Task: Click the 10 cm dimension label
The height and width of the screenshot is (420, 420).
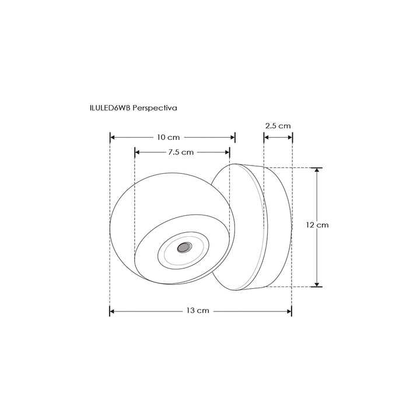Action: pyautogui.click(x=168, y=138)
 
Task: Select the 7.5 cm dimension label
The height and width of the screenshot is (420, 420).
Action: pyautogui.click(x=181, y=152)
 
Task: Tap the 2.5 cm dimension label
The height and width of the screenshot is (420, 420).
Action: pyautogui.click(x=278, y=125)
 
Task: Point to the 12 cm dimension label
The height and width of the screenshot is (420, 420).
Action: pyautogui.click(x=317, y=225)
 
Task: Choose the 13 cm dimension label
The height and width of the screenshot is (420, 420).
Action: pyautogui.click(x=198, y=311)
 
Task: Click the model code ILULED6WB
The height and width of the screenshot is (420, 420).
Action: pyautogui.click(x=110, y=108)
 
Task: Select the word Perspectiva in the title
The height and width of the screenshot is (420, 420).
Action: pyautogui.click(x=155, y=108)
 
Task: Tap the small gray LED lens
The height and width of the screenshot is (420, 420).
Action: pyautogui.click(x=183, y=247)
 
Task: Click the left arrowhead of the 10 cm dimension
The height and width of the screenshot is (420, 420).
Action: pyautogui.click(x=113, y=138)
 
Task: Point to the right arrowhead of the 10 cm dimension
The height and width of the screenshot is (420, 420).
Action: pyautogui.click(x=233, y=138)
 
